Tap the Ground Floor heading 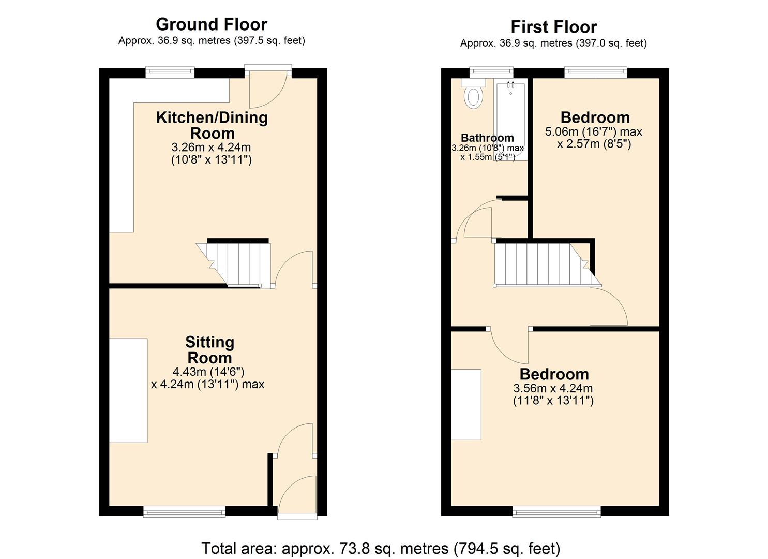coord(211,24)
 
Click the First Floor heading coord(553,26)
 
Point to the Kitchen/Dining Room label coord(212,125)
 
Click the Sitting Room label coord(209,350)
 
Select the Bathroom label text coord(487,138)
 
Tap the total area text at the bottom coord(381,548)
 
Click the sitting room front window coord(185,511)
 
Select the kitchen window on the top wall coord(170,72)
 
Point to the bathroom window coord(491,72)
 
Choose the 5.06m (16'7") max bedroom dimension coord(594,131)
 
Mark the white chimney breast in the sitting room coord(128,390)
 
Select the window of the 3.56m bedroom coord(556,511)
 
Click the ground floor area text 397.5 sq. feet coord(270,40)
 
